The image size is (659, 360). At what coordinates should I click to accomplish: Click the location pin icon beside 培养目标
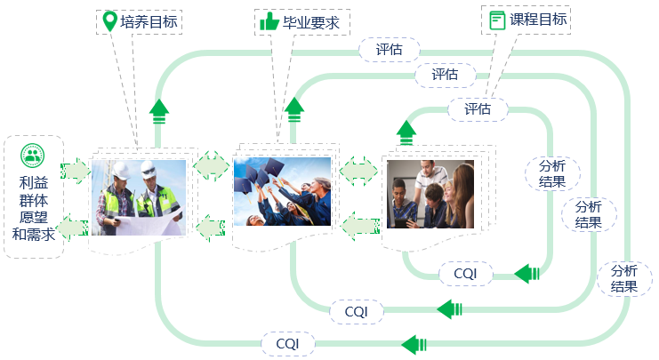click(x=108, y=21)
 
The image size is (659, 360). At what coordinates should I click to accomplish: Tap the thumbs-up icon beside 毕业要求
click(x=269, y=21)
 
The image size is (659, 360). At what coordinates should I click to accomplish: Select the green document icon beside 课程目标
click(x=497, y=20)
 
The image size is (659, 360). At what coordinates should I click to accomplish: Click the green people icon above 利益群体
click(x=33, y=156)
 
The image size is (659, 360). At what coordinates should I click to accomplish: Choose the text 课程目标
click(x=537, y=20)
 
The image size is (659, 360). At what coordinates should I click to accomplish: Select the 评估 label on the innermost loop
click(x=478, y=109)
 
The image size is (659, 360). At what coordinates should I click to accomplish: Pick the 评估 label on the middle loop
click(x=445, y=76)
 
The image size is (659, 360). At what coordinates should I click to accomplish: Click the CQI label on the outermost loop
click(x=287, y=343)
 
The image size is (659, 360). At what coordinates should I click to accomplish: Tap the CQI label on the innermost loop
click(x=465, y=274)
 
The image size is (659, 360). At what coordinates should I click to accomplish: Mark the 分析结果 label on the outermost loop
click(x=624, y=278)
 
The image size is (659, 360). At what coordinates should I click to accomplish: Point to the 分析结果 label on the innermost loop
click(x=552, y=173)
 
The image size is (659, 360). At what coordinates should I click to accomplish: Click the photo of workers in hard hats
click(x=138, y=197)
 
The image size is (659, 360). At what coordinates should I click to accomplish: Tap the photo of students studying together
click(x=430, y=196)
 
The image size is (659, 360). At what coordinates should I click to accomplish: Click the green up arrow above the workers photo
click(x=158, y=110)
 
